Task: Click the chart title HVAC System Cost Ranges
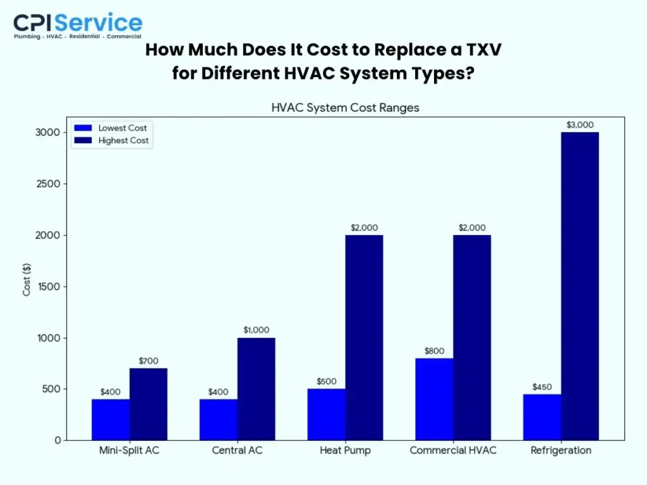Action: tap(345, 107)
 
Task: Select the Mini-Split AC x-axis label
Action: tap(130, 450)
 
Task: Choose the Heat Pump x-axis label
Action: tap(345, 450)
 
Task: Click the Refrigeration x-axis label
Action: tap(560, 450)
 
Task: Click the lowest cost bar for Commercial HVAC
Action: tap(434, 399)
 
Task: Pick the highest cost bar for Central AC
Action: tap(256, 388)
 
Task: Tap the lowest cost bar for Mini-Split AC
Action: tap(111, 419)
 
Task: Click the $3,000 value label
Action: tap(580, 124)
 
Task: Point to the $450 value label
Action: tap(542, 386)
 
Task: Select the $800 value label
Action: tap(434, 350)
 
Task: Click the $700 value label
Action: tap(148, 361)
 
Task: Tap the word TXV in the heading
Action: tap(478, 51)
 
